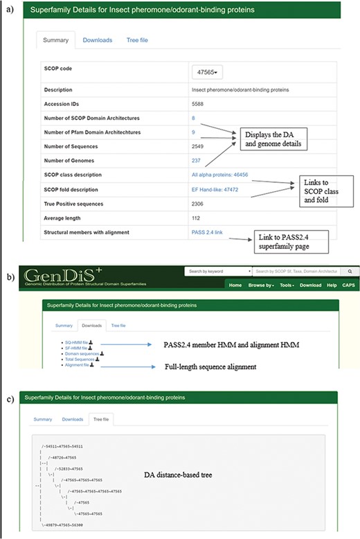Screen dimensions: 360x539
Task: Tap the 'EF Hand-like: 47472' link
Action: (x=214, y=189)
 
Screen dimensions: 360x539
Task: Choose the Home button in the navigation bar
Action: (x=235, y=285)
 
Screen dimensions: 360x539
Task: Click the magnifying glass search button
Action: (x=350, y=272)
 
